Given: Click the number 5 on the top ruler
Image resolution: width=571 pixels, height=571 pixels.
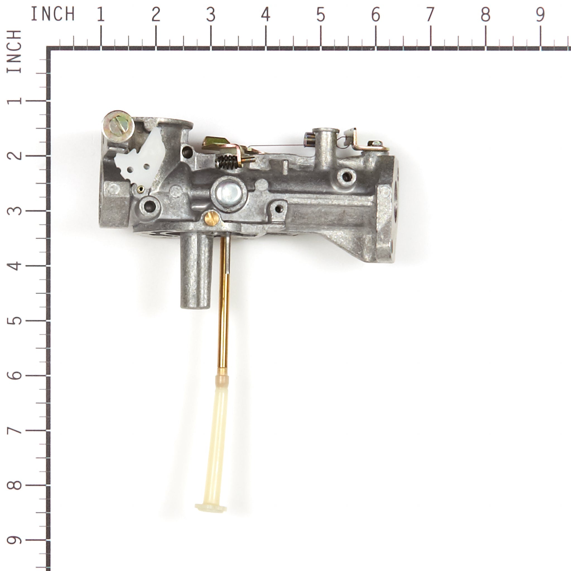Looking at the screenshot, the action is (x=321, y=14).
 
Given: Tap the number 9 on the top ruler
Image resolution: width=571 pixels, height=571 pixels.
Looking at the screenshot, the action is (x=540, y=14).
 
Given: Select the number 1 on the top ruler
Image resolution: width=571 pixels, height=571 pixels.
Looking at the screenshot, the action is (x=101, y=14).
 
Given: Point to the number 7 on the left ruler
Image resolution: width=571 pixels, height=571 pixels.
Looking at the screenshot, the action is (x=14, y=431).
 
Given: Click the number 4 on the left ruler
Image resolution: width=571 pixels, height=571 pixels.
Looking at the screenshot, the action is (x=14, y=266).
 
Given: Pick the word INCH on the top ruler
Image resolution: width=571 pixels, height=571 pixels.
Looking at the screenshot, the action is (x=53, y=14).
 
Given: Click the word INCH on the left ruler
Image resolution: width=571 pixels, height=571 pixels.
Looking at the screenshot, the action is (x=14, y=51).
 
